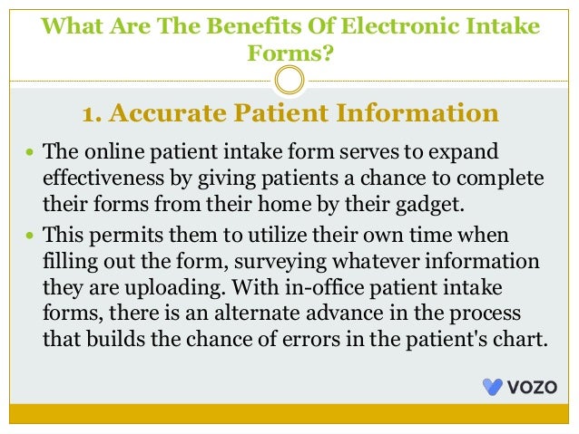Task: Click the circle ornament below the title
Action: (x=289, y=82)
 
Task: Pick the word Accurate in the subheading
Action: (x=173, y=114)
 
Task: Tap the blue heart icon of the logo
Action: (x=493, y=386)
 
